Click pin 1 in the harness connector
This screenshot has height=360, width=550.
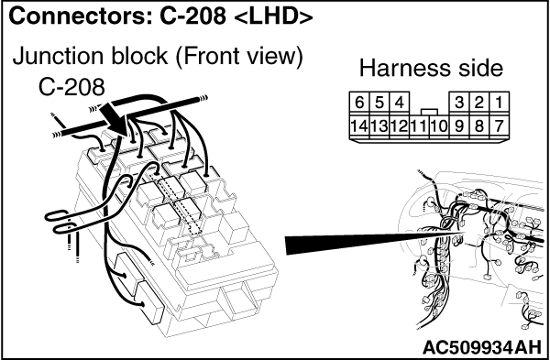pyautogui.click(x=500, y=104)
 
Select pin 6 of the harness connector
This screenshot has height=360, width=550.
pyautogui.click(x=359, y=104)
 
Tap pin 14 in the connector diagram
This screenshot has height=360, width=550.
pyautogui.click(x=359, y=125)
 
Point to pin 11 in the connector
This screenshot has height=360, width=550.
pyautogui.click(x=419, y=125)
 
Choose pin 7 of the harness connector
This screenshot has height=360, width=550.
pyautogui.click(x=500, y=125)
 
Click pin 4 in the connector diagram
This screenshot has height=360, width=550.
pyautogui.click(x=399, y=104)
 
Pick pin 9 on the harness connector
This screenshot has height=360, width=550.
pyautogui.click(x=459, y=125)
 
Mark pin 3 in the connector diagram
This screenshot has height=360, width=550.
pyautogui.click(x=459, y=104)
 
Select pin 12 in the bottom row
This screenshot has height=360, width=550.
pyautogui.click(x=399, y=125)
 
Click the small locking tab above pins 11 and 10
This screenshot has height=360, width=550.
pyautogui.click(x=429, y=112)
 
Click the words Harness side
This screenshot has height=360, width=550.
pyautogui.click(x=431, y=68)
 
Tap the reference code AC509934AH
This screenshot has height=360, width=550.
pyautogui.click(x=482, y=347)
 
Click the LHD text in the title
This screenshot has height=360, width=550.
pyautogui.click(x=272, y=16)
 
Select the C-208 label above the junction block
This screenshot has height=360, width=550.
pyautogui.click(x=71, y=87)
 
